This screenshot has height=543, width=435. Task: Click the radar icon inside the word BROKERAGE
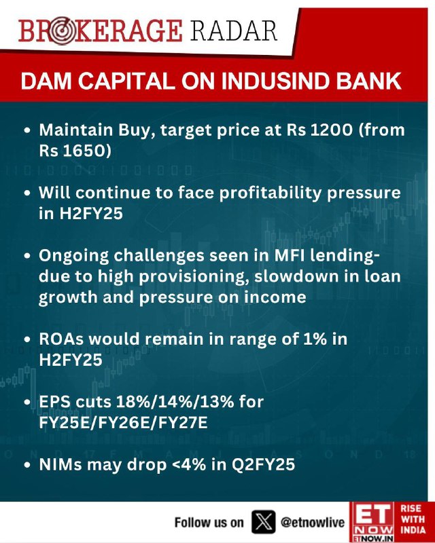point(61,31)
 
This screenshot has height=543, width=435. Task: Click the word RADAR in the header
point(234,31)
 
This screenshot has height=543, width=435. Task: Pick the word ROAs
point(61,339)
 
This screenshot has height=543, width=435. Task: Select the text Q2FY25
point(263,465)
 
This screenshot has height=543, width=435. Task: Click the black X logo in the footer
point(263,522)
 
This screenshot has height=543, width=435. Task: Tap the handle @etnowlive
point(313,522)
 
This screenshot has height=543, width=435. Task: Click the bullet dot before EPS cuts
point(28,402)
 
